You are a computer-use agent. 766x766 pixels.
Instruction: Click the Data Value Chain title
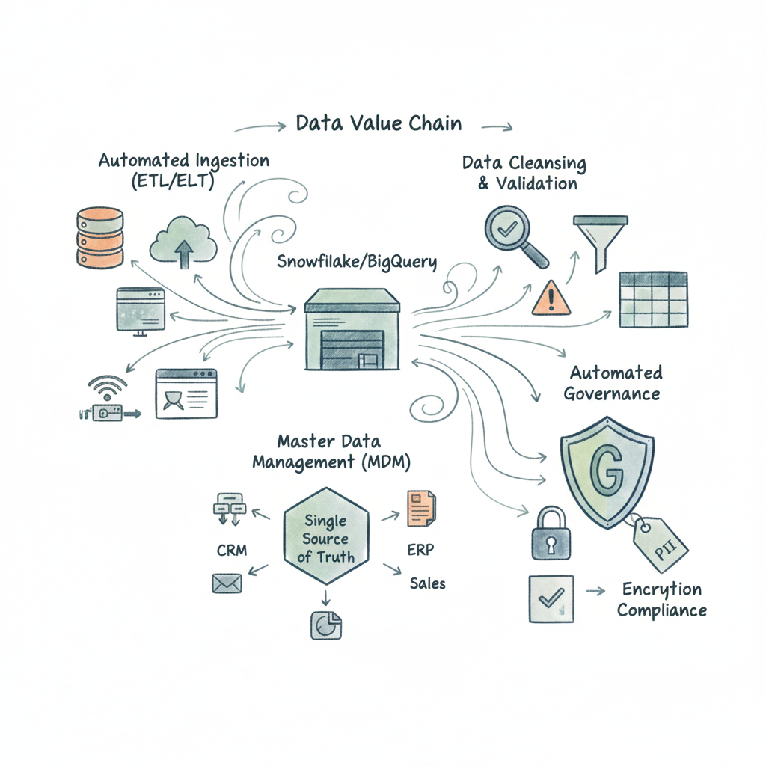(379, 123)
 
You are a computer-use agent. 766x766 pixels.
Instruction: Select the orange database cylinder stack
(99, 237)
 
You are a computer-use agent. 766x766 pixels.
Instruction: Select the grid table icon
(653, 300)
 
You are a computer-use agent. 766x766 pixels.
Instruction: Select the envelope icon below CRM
(225, 583)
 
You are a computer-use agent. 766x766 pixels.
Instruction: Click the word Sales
(427, 583)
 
